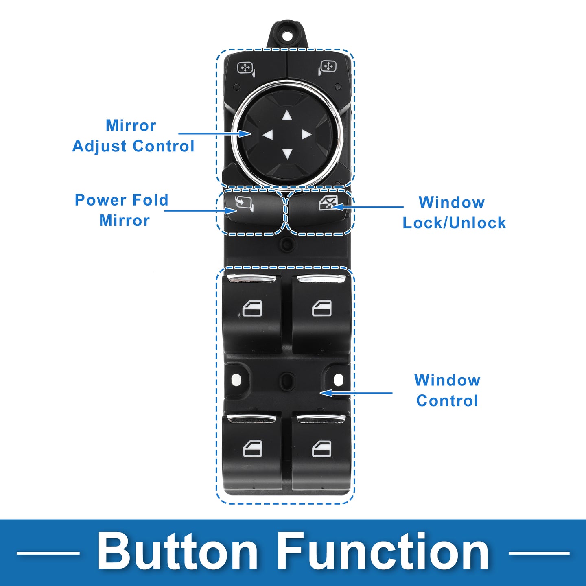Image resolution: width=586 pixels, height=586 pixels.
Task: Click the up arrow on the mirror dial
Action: (x=287, y=116)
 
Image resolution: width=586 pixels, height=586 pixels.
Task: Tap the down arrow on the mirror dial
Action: (x=287, y=154)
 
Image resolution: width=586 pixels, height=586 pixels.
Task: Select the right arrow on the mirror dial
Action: (x=306, y=135)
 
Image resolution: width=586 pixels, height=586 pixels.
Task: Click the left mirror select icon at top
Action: (x=246, y=68)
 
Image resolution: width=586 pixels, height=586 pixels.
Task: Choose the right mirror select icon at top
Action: (x=327, y=67)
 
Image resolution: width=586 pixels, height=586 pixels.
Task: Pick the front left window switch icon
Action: (x=252, y=308)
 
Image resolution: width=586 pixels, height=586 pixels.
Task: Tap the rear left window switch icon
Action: (x=252, y=449)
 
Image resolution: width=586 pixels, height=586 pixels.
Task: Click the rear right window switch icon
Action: (x=321, y=449)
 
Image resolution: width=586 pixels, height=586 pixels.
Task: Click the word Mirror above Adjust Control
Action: (x=131, y=126)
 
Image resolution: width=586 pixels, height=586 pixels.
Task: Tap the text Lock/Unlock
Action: (x=454, y=223)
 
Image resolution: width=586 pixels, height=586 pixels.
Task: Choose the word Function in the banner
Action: (x=384, y=552)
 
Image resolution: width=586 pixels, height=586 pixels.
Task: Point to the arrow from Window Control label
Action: (x=356, y=393)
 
